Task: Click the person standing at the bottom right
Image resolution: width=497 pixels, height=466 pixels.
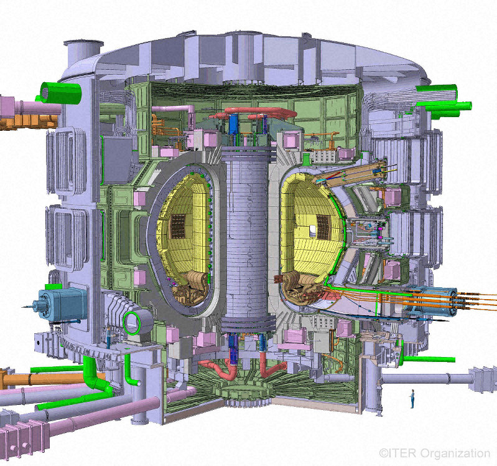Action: (x=412, y=399)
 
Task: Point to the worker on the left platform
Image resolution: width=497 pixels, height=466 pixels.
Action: (x=109, y=338)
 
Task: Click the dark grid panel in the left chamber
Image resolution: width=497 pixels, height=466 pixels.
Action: (x=178, y=226)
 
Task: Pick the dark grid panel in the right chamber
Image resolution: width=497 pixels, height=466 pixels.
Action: (x=323, y=227)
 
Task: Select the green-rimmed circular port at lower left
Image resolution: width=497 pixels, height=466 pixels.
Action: (x=131, y=323)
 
